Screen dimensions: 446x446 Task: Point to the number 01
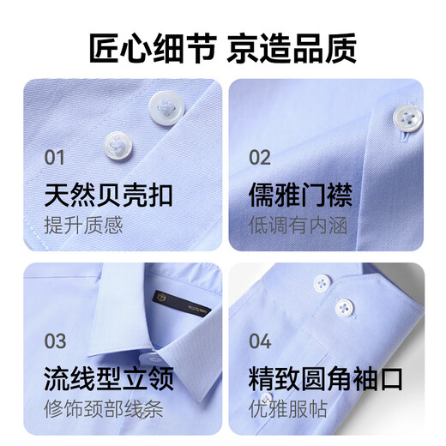click(x=54, y=157)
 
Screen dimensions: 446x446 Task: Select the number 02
click(x=260, y=157)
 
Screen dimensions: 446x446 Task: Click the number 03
click(x=55, y=341)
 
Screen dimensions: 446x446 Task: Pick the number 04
click(x=260, y=341)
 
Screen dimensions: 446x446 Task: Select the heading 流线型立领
click(x=108, y=378)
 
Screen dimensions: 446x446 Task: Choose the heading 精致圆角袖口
click(x=325, y=378)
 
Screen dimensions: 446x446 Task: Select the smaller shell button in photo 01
click(x=118, y=142)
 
